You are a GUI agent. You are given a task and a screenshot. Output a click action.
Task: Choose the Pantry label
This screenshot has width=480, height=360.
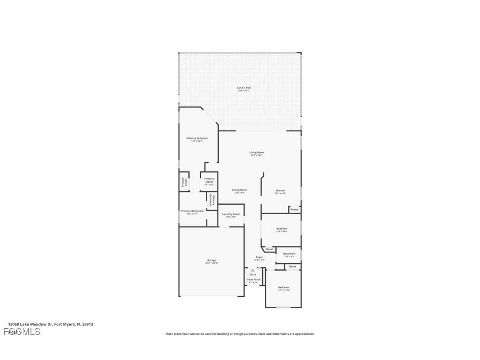click(x=294, y=209)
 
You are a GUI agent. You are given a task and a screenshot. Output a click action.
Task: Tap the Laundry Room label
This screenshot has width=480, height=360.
click(x=231, y=215)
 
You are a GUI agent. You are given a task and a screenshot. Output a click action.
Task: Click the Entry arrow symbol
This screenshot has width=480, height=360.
click(x=253, y=270)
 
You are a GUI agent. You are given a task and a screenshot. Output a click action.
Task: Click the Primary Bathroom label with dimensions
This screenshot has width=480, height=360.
click(x=192, y=212)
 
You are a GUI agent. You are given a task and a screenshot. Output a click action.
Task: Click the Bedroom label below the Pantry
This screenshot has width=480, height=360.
click(x=282, y=230)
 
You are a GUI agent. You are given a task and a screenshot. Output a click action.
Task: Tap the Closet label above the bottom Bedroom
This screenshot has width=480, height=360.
click(x=293, y=267)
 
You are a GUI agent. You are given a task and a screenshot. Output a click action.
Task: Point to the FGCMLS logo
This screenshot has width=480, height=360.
click(x=22, y=332)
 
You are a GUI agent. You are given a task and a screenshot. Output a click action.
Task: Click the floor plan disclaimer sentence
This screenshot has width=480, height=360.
click(x=240, y=334)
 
